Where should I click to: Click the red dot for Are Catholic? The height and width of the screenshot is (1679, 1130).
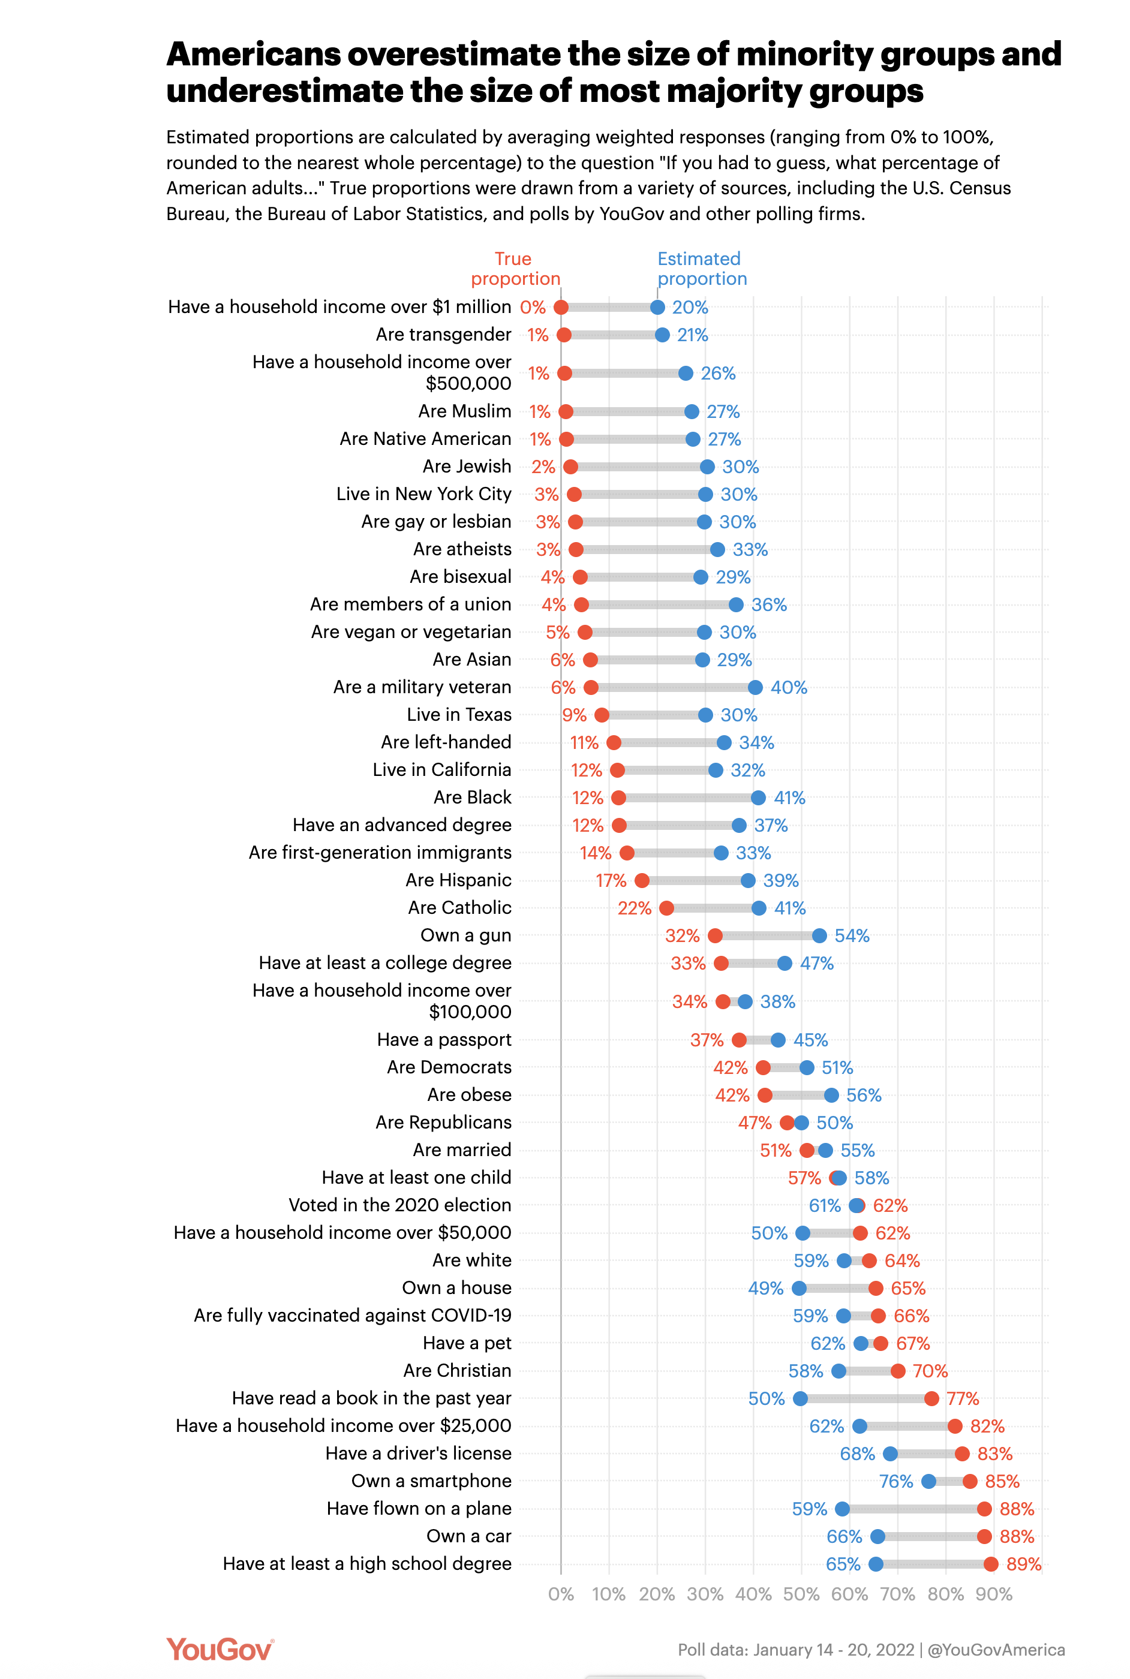[x=666, y=908]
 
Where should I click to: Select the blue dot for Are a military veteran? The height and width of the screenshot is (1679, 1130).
[x=755, y=687]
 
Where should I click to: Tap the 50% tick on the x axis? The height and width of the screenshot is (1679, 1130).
[x=801, y=1594]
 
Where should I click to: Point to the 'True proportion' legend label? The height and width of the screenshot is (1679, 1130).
[x=515, y=269]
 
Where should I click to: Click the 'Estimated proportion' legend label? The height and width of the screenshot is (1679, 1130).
[x=702, y=269]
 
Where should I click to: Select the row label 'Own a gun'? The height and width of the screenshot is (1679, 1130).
[x=465, y=935]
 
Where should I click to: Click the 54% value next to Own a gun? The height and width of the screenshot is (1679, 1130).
[x=852, y=935]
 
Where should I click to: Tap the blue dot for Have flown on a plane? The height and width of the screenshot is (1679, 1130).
[x=842, y=1508]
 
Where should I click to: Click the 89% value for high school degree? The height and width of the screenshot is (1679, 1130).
[x=1023, y=1564]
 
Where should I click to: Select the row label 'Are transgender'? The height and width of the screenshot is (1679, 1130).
[x=443, y=334]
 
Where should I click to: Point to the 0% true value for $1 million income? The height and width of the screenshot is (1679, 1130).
[x=533, y=308]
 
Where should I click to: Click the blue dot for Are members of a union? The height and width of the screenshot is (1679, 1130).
[x=736, y=604]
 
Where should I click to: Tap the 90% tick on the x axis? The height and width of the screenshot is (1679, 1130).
[x=994, y=1594]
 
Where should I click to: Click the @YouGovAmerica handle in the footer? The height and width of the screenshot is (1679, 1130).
[x=996, y=1650]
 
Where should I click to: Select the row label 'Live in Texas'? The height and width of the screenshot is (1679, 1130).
[x=459, y=715]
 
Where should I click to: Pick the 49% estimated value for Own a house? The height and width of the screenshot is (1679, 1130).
[x=765, y=1288]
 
